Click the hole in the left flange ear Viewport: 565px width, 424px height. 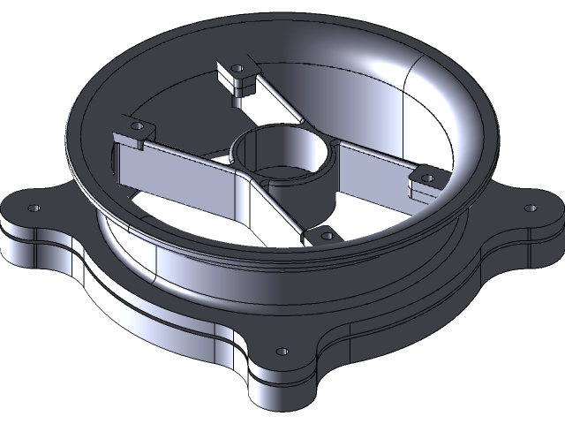click(x=34, y=208)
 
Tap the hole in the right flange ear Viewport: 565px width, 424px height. click(x=530, y=208)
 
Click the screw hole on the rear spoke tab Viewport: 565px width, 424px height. click(x=237, y=68)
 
